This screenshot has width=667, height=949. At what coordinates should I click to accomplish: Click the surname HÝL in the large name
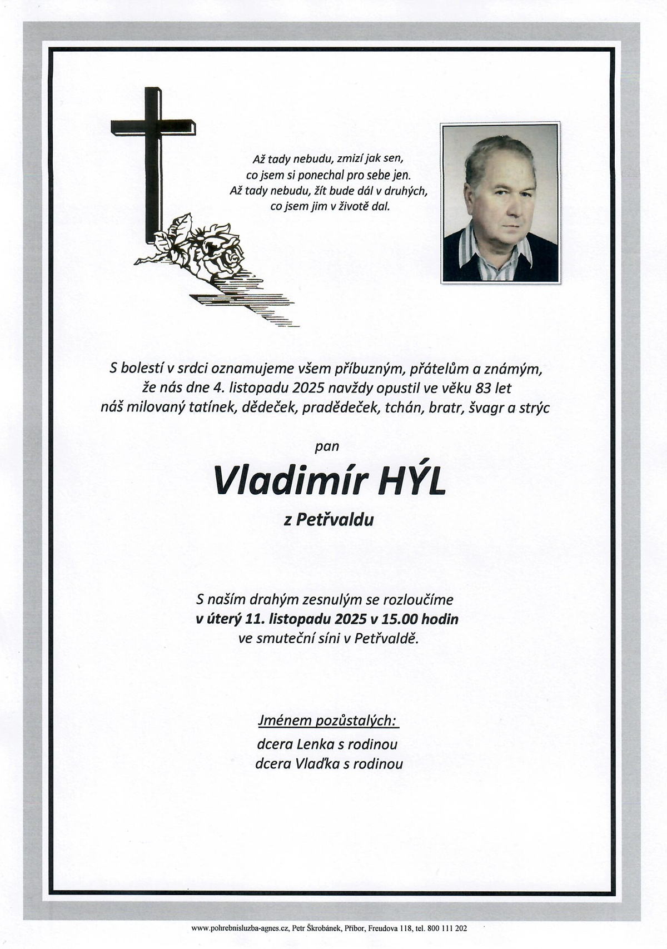tap(411, 481)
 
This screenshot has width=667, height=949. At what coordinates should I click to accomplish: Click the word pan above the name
tap(327, 445)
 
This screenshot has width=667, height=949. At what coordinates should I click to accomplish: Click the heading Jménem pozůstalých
tap(328, 721)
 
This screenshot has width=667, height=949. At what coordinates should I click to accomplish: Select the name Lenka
tap(315, 744)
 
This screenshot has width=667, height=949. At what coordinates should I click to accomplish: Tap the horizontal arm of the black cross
tap(153, 127)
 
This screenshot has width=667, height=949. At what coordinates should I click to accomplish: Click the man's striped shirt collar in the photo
tap(489, 253)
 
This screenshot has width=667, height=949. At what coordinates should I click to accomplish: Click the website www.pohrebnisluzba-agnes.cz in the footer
tap(241, 928)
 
